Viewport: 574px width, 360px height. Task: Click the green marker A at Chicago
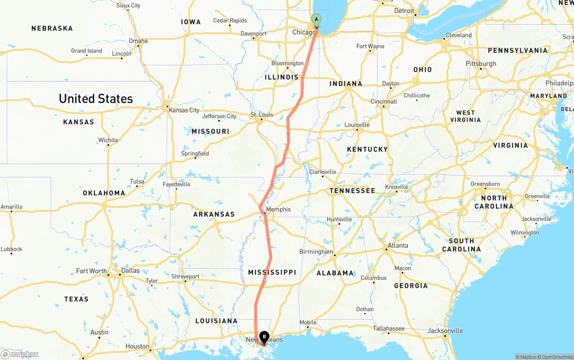point(316,20)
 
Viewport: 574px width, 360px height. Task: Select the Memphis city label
point(278,209)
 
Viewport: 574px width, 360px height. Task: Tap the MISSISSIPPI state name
point(272,272)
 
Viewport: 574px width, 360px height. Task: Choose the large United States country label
point(96,99)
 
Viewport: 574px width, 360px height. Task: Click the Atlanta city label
point(398,245)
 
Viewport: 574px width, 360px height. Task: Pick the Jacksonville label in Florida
point(445,331)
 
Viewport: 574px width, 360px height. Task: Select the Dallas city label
point(130,270)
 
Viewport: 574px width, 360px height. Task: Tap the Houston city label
point(137,346)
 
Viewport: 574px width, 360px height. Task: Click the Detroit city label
point(404,11)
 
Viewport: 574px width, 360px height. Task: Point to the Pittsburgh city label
point(481,64)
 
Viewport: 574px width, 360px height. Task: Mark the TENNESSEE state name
point(352,191)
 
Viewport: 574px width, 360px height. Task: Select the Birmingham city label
point(316,252)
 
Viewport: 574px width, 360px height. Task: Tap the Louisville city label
point(357,125)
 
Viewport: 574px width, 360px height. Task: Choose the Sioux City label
point(128,5)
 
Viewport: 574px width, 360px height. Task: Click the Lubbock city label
point(11,249)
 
